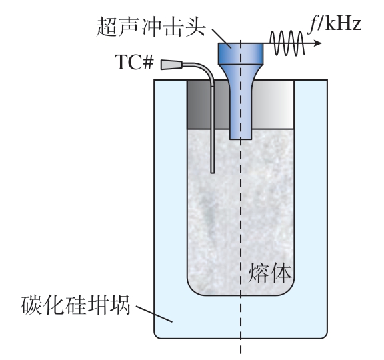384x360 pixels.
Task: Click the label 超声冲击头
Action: click(151, 27)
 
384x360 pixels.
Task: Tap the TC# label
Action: click(135, 62)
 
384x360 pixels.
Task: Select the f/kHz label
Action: click(335, 24)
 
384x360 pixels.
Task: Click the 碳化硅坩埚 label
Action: click(76, 305)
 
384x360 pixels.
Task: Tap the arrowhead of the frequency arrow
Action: click(318, 43)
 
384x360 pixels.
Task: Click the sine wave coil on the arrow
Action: click(287, 43)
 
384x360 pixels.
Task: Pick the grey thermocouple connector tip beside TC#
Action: click(171, 65)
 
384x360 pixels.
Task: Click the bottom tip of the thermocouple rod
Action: click(213, 173)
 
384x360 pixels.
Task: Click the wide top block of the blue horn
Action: click(241, 53)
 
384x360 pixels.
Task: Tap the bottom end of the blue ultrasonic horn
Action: click(241, 139)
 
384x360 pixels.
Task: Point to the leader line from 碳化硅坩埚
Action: click(154, 314)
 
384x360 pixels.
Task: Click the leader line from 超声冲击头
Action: click(221, 39)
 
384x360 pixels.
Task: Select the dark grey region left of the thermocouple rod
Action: click(199, 105)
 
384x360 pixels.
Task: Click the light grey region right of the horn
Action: click(273, 105)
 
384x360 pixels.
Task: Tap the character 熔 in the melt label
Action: click(258, 273)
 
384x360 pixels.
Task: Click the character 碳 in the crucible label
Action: click(31, 305)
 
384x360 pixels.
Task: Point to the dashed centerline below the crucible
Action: click(241, 347)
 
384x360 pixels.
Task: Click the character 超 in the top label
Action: click(107, 27)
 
